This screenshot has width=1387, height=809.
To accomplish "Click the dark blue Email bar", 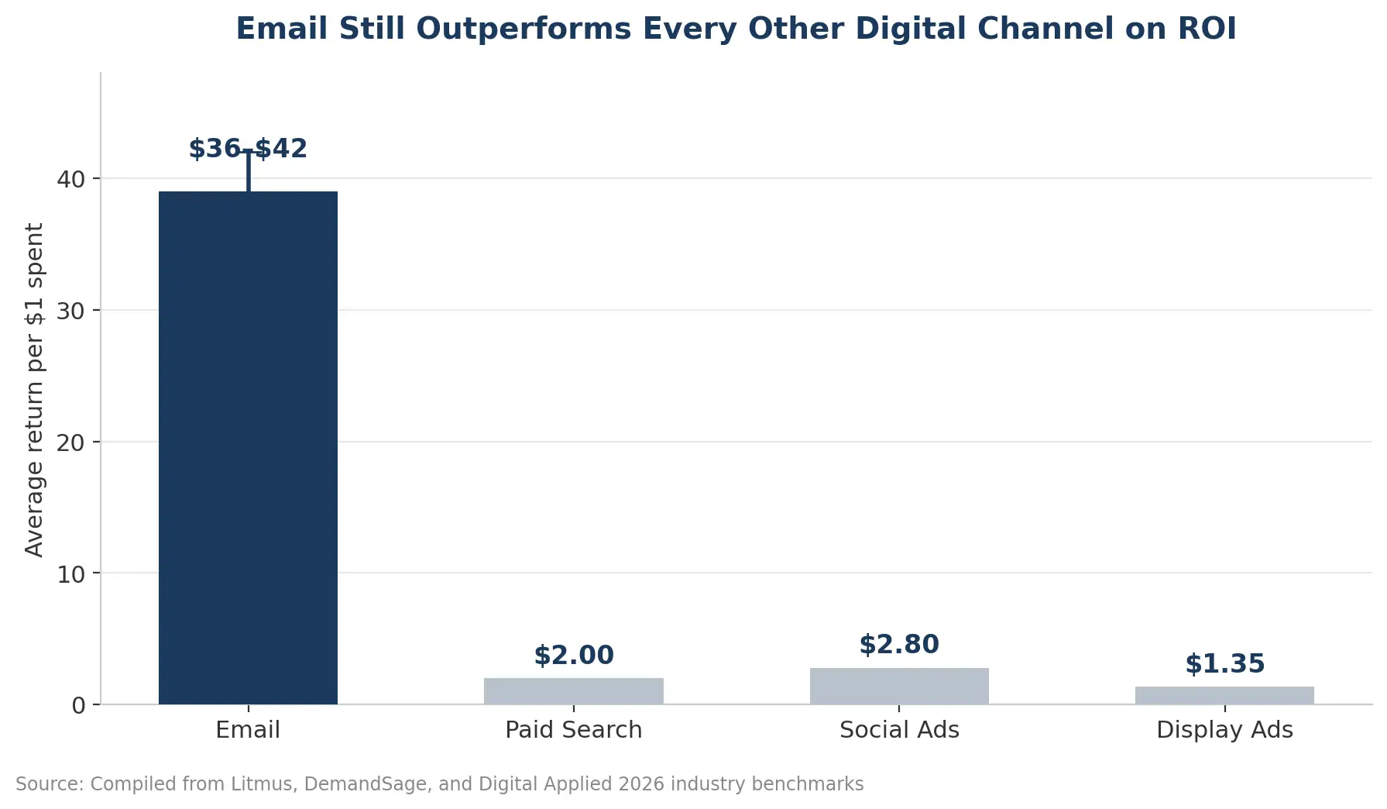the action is click(248, 448).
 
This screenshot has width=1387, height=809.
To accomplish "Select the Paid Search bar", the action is click(574, 691).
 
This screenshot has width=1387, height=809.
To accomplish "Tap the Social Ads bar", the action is click(899, 686).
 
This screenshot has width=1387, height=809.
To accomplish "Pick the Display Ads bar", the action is click(1224, 696).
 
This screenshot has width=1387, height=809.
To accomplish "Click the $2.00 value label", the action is click(574, 656).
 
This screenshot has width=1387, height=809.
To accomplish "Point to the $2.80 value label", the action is click(899, 645).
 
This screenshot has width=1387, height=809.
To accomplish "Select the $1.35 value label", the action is click(1224, 664).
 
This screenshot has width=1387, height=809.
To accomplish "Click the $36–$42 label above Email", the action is click(248, 149).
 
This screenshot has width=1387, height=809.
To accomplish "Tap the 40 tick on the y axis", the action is click(70, 179).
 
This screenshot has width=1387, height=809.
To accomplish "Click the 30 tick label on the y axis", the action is click(70, 311).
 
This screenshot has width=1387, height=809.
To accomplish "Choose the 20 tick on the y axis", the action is click(70, 442).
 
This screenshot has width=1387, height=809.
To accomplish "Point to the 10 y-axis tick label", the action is click(70, 573).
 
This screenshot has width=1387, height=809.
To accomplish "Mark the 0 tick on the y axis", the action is click(78, 705).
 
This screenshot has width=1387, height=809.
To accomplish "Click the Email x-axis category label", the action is click(248, 730).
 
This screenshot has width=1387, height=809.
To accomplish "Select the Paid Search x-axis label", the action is click(574, 730).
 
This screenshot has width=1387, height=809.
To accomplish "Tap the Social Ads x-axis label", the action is click(899, 730).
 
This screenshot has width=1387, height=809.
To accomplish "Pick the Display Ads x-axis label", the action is click(1224, 730).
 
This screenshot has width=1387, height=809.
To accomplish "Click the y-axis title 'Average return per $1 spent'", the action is click(35, 390).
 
